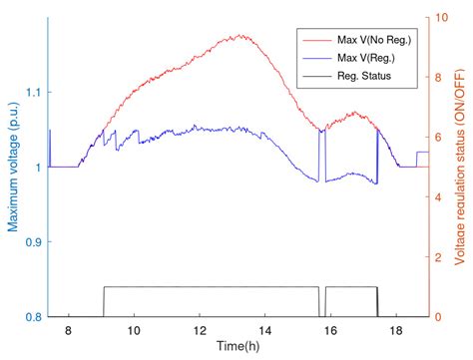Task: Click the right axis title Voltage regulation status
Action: pyautogui.click(x=462, y=168)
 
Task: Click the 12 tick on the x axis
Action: pyautogui.click(x=200, y=330)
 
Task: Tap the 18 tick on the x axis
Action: pyautogui.click(x=396, y=330)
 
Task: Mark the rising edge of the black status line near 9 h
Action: pyautogui.click(x=104, y=301)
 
